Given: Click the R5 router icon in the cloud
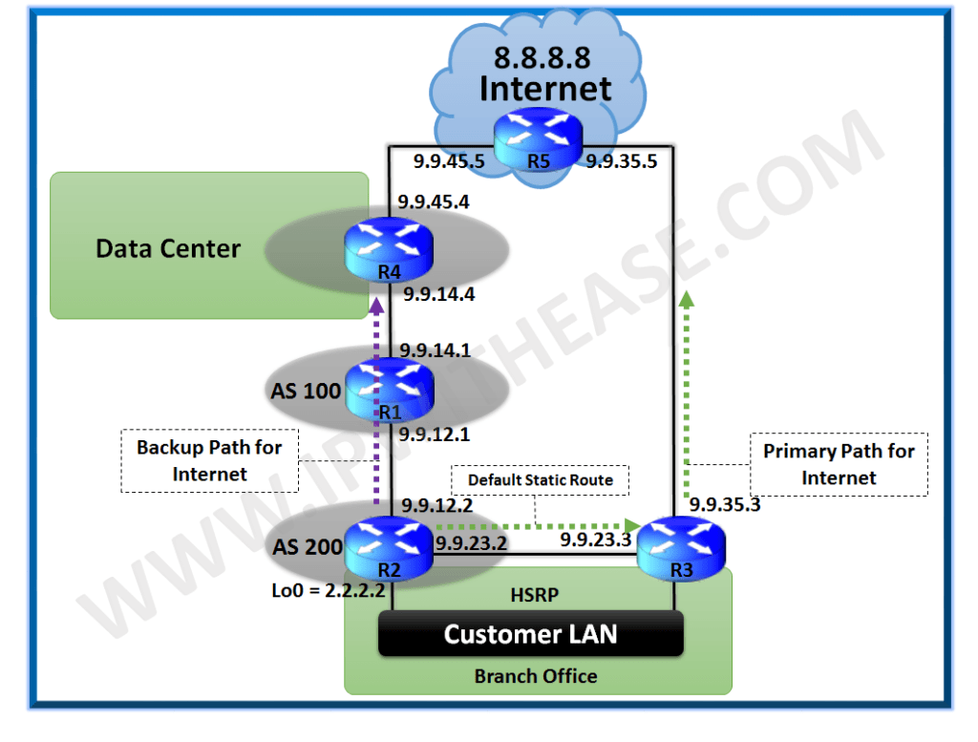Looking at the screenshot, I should [538, 139].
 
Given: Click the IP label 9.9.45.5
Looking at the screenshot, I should [449, 161].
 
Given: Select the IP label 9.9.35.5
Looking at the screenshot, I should [622, 161].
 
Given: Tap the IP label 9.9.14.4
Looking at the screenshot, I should [438, 295].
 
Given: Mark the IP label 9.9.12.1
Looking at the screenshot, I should [437, 435].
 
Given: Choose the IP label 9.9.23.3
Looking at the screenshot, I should [596, 541].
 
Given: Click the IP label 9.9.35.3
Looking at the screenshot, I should [725, 504].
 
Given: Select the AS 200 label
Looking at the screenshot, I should [306, 547].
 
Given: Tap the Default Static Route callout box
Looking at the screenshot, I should [541, 480].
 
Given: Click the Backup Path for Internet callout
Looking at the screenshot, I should [209, 460].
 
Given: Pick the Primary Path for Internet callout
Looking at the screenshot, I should [839, 464].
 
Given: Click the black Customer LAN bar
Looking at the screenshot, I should [530, 634].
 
